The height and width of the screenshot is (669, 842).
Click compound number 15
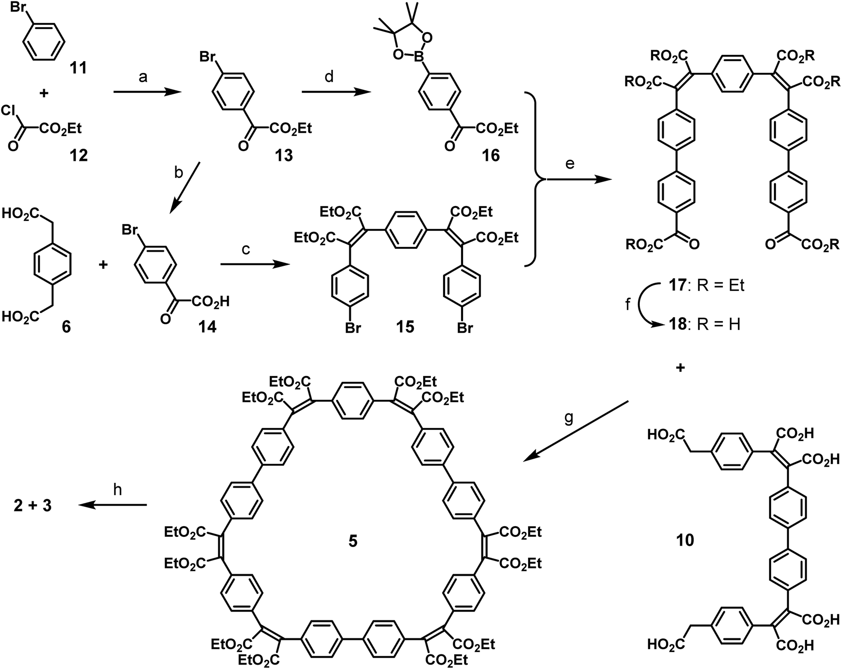pos(405,326)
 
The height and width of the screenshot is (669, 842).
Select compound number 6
pos(66,326)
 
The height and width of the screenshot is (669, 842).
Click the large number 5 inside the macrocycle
pos(353,540)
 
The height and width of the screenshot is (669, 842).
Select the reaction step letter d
pos(329,77)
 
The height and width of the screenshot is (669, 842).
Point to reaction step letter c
pos(246,249)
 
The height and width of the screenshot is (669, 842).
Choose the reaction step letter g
pos(569,417)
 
